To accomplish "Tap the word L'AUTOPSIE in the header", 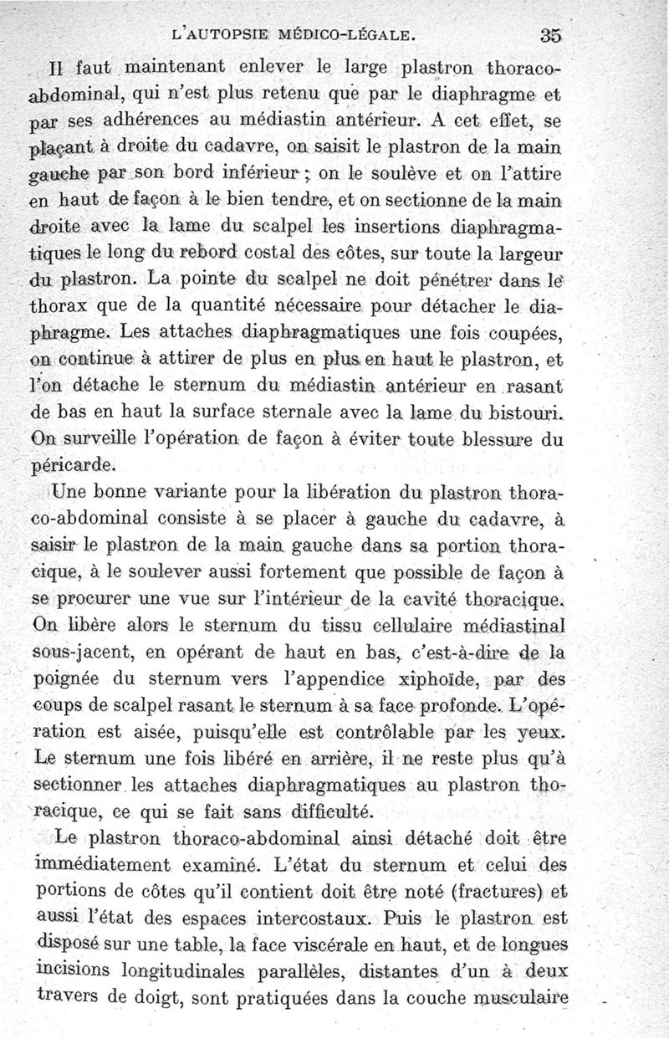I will click(219, 36).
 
